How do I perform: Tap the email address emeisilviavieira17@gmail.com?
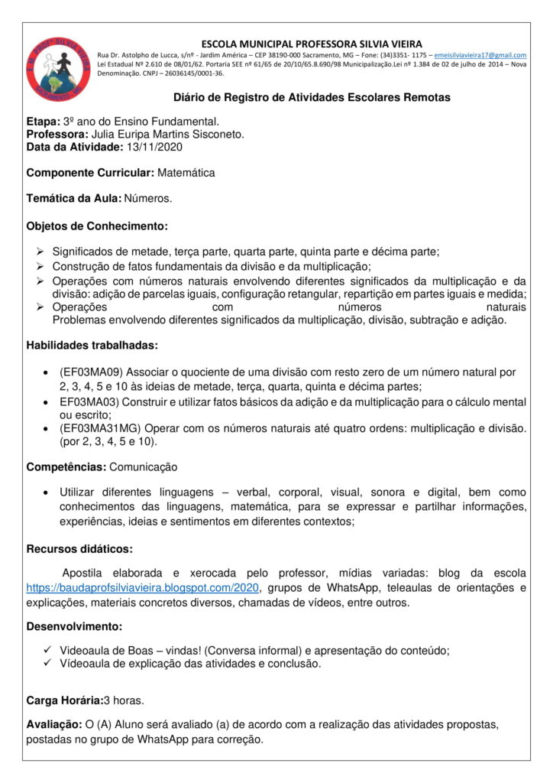(x=480, y=55)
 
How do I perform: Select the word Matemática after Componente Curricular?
(x=186, y=173)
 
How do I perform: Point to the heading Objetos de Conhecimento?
(x=97, y=226)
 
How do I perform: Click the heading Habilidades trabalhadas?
(x=92, y=345)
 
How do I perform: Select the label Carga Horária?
(x=65, y=700)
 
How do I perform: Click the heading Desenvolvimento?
(x=74, y=626)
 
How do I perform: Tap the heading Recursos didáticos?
(x=79, y=548)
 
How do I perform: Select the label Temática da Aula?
(x=74, y=199)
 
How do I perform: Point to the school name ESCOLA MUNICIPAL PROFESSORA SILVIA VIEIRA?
(x=312, y=44)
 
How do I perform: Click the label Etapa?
(x=43, y=122)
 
